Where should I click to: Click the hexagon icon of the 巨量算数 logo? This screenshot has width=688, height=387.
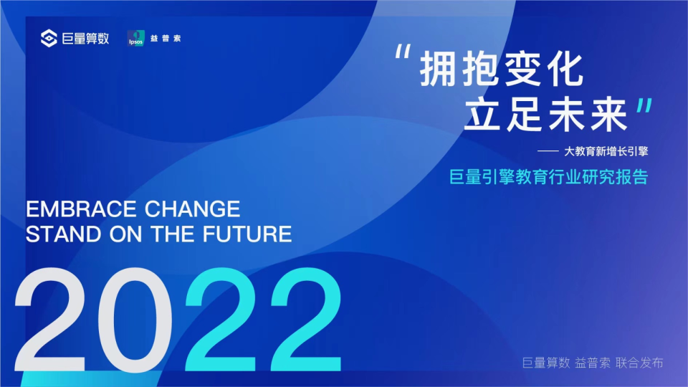pyautogui.click(x=49, y=39)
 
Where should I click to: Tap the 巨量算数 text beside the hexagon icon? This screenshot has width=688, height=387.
pyautogui.click(x=85, y=39)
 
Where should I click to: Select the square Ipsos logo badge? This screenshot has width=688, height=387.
pyautogui.click(x=136, y=39)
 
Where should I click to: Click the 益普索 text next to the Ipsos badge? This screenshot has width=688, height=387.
pyautogui.click(x=167, y=39)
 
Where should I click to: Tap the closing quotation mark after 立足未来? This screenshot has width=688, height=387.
pyautogui.click(x=644, y=108)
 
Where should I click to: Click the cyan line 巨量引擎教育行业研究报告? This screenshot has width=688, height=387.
pyautogui.click(x=548, y=177)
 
